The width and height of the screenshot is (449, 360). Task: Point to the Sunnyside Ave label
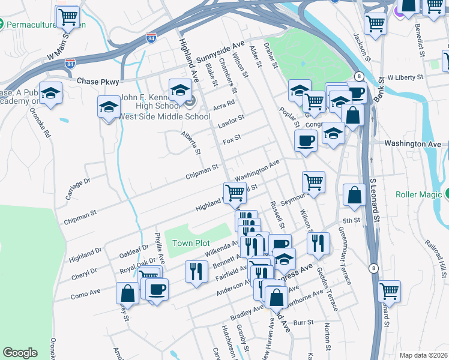[x=221, y=53]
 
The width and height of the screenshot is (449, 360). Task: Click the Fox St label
[x=232, y=139]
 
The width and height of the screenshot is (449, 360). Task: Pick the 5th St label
[x=352, y=220]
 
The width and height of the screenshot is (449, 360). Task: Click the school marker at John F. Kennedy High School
[x=179, y=91]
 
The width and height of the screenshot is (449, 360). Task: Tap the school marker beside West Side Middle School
[x=109, y=107]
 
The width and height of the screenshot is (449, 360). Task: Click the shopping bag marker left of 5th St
[x=354, y=195]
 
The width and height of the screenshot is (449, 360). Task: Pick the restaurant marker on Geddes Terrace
[x=318, y=242]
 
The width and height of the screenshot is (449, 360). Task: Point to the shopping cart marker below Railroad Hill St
[x=390, y=291]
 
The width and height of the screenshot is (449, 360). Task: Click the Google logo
[x=20, y=353]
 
